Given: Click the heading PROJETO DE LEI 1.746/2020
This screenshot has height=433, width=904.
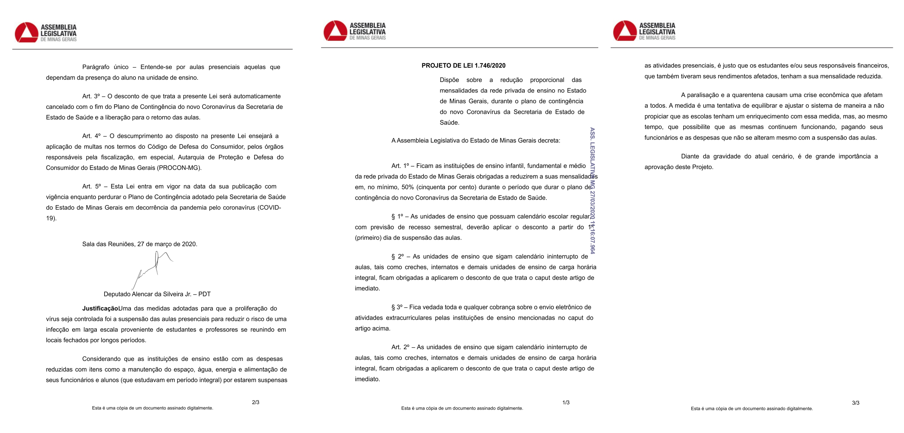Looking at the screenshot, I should point(463,66).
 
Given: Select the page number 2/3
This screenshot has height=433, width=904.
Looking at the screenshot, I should point(255,402).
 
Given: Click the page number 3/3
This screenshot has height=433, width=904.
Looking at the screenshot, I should point(855,403).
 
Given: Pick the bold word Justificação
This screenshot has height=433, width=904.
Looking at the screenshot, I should point(100,309).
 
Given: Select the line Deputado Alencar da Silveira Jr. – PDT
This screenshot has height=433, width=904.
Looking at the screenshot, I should point(157,294).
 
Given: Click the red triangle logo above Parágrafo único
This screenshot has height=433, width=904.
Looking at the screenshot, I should point(26,33).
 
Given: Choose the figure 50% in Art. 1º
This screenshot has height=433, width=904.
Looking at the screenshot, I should point(408,187).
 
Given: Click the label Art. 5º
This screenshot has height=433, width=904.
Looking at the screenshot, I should point(92,187).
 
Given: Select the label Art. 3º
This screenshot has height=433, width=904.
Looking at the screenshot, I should point(91,96).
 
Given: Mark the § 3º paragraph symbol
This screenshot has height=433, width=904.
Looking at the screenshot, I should point(397,307).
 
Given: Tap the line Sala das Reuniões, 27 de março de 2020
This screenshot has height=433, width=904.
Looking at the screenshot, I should point(139,244).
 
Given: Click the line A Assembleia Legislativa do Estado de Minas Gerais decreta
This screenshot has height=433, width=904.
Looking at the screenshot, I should point(476,141).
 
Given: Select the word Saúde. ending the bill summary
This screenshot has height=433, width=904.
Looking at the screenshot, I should point(449,123).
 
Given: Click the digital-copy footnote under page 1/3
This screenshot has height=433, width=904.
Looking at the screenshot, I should point(462,408).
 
